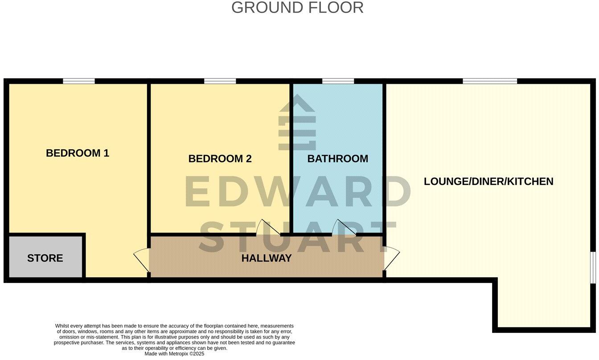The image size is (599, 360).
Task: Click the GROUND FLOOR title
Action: click(297, 8)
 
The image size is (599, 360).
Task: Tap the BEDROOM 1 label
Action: click(78, 153)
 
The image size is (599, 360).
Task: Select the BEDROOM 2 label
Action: click(220, 159)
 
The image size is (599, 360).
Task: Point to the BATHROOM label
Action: click(337, 159)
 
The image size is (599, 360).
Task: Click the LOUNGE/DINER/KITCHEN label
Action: click(488, 181)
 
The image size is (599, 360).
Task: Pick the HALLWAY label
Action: click(267, 258)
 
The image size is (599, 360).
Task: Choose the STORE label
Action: click(45, 258)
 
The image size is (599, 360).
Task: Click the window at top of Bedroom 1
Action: click(79, 81)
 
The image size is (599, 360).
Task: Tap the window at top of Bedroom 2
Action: click(220, 81)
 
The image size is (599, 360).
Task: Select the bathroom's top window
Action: click(338, 81)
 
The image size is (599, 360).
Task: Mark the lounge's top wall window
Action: click(490, 81)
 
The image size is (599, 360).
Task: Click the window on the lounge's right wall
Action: click(593, 267)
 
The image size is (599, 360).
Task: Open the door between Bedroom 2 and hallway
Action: click(268, 228)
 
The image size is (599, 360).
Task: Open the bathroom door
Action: click(344, 228)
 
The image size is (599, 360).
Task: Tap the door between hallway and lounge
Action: click(391, 258)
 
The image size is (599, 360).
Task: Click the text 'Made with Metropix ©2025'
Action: click(174, 354)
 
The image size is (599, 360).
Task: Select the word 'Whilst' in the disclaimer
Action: click(63, 326)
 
